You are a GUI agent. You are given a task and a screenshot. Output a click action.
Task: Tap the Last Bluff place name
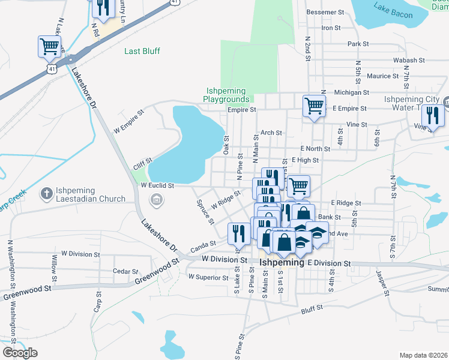tap(142, 51)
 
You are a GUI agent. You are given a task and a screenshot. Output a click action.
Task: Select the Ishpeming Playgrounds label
tap(226, 95)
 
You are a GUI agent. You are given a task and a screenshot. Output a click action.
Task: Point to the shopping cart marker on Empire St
tap(314, 106)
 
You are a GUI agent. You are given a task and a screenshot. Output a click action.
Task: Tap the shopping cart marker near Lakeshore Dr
tap(49, 46)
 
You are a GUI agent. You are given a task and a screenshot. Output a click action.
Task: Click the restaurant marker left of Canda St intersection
tap(238, 233)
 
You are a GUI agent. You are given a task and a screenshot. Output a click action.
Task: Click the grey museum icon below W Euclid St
tap(157, 200)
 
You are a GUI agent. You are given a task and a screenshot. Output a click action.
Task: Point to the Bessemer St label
tap(325, 12)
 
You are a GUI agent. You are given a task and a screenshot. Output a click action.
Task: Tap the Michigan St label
tap(351, 92)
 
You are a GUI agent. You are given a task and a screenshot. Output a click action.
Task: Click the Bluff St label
tap(312, 308)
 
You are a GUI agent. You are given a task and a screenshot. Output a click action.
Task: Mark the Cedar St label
tap(125, 271)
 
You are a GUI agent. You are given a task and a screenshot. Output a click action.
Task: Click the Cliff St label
tap(142, 161)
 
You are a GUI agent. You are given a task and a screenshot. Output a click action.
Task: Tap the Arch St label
tap(271, 133)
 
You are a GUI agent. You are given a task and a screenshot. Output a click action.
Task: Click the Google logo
tap(20, 353)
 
